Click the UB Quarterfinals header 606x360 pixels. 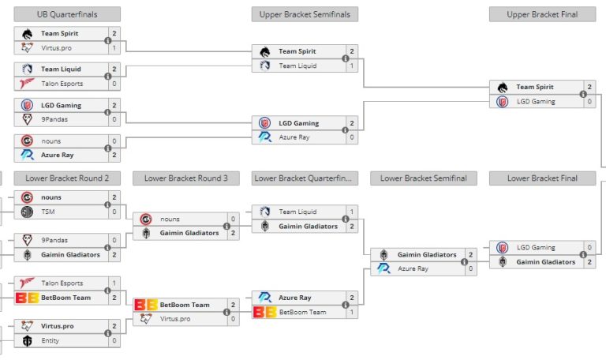[x=67, y=14]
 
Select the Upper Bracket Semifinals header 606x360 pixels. [x=305, y=14]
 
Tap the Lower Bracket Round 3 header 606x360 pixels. [x=186, y=178]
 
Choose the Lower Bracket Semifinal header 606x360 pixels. [x=423, y=178]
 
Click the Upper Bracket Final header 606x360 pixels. [x=542, y=14]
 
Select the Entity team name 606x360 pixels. [x=51, y=340]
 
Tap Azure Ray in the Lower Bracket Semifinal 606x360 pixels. [x=413, y=268]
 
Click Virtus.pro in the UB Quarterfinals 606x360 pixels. [x=56, y=47]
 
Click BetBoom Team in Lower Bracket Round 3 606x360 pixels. [x=185, y=304]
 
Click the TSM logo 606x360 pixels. [x=27, y=212]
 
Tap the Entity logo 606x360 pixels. [x=27, y=340]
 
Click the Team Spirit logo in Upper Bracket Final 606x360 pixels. [x=502, y=87]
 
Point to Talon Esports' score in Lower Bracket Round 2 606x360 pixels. [x=114, y=283]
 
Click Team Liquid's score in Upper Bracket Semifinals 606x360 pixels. [x=352, y=66]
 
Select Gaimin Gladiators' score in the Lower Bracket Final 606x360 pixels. [x=589, y=261]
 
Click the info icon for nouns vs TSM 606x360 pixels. [x=107, y=204]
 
